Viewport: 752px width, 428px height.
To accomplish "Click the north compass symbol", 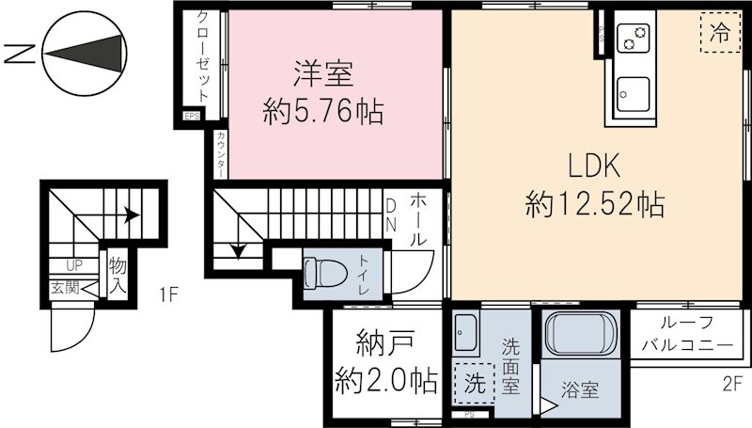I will (84, 54).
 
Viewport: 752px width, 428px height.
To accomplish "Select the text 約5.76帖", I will (323, 114).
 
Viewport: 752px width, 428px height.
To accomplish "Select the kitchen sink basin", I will (633, 93).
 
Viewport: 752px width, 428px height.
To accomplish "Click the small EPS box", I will (192, 117).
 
